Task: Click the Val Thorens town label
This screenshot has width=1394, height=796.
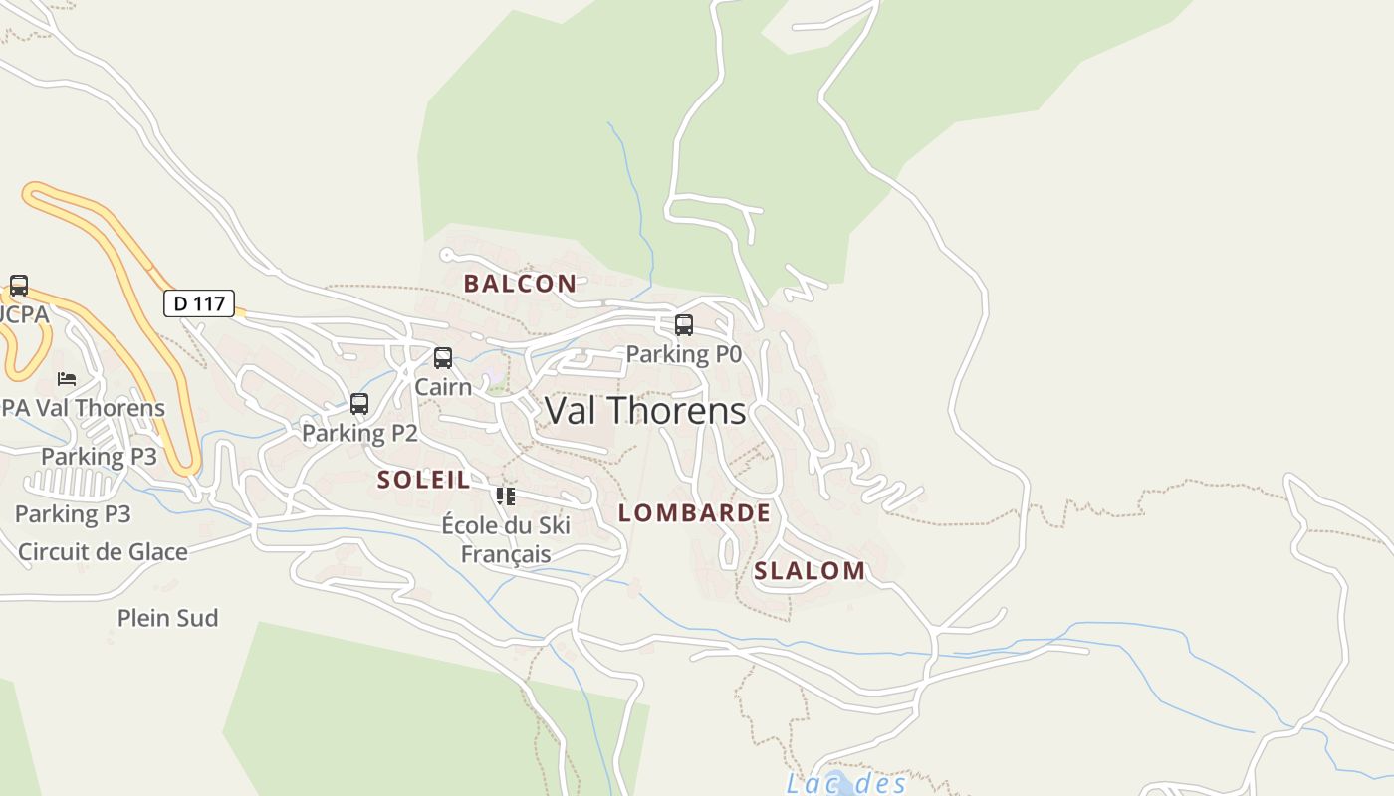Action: [x=645, y=410]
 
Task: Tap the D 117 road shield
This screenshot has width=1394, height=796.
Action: [x=199, y=303]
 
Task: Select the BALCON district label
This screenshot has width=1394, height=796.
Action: [x=520, y=284]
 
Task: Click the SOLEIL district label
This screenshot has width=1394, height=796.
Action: [x=424, y=480]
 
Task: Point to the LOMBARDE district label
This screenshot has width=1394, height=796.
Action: [x=694, y=513]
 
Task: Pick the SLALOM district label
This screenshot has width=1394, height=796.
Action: [x=810, y=571]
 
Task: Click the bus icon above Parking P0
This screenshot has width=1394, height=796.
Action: [x=684, y=325]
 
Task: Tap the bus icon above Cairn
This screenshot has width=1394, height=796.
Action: [x=443, y=358]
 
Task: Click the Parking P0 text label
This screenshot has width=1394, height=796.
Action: [x=683, y=354]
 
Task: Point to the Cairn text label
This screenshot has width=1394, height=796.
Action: [x=443, y=387]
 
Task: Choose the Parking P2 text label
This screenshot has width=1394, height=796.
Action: [x=359, y=433]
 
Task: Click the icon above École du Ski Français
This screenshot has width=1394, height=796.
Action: [x=506, y=496]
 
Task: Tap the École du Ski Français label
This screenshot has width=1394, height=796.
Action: [x=506, y=539]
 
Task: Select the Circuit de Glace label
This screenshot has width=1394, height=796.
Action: [x=103, y=551]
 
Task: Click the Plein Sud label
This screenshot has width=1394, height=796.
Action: [x=167, y=618]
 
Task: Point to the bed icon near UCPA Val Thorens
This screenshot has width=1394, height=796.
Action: [x=67, y=379]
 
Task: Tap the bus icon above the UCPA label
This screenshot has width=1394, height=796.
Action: [x=19, y=286]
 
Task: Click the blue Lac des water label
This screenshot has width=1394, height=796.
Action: [x=845, y=783]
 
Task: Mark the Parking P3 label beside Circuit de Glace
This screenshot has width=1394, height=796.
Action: [x=73, y=514]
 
